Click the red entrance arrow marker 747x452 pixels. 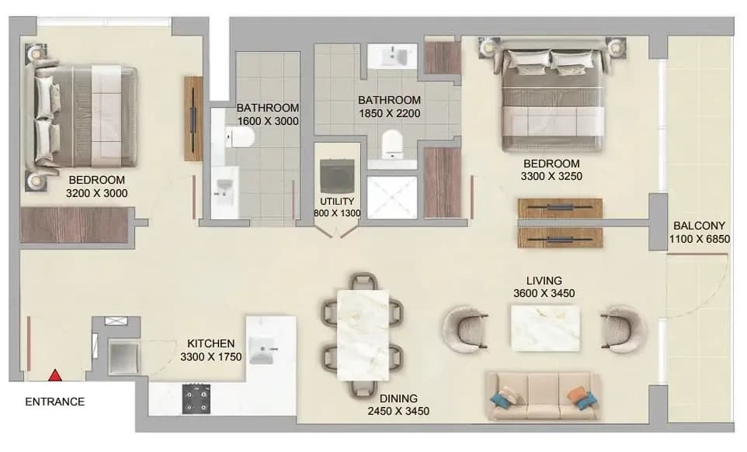click(56, 375)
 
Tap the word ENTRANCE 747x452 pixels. click(55, 402)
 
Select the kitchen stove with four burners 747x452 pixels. click(196, 399)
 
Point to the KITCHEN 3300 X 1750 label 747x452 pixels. click(211, 350)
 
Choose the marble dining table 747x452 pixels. click(363, 335)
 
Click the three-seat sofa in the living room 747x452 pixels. click(544, 396)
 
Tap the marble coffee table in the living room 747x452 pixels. click(545, 328)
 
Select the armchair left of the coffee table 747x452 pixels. click(465, 330)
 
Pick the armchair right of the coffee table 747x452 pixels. click(623, 330)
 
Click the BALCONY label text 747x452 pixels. click(700, 226)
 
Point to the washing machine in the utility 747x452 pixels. click(337, 176)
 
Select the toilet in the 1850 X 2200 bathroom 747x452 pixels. click(392, 143)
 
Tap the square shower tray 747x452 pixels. click(392, 198)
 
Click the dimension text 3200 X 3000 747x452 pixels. click(97, 193)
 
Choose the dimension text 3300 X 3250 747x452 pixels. click(551, 176)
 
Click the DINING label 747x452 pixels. click(398, 399)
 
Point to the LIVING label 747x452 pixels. click(544, 281)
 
